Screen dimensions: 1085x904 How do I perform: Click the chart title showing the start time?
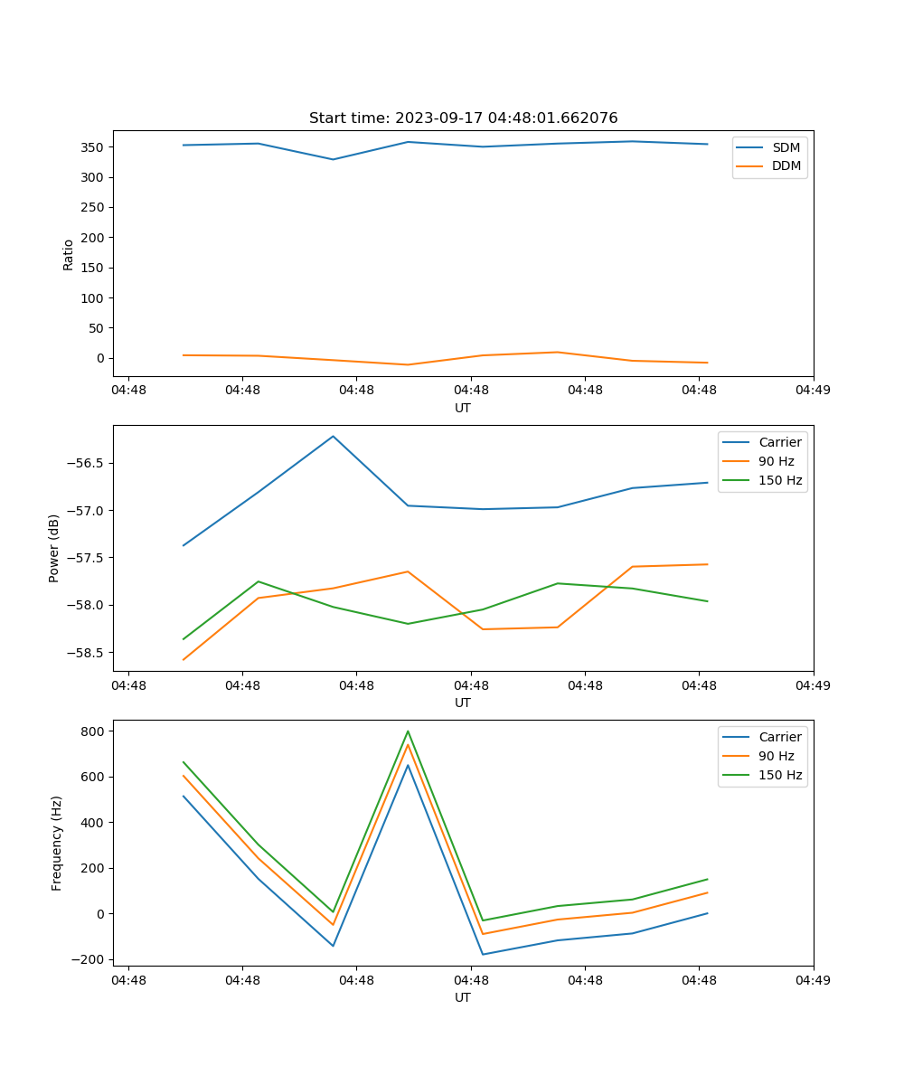pyautogui.click(x=463, y=118)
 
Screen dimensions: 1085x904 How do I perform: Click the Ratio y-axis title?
pyautogui.click(x=69, y=255)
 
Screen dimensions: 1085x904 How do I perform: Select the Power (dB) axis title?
pyautogui.click(x=54, y=548)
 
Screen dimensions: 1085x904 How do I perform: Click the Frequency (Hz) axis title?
pyautogui.click(x=57, y=843)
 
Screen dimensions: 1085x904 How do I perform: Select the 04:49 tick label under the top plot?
pyautogui.click(x=813, y=391)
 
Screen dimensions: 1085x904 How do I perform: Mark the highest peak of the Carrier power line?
pyautogui.click(x=333, y=436)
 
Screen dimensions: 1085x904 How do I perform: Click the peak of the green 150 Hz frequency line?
pyautogui.click(x=408, y=731)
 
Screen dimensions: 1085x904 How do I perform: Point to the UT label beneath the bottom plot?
pyautogui.click(x=463, y=997)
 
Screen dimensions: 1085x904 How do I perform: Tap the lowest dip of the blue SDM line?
pyautogui.click(x=333, y=159)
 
